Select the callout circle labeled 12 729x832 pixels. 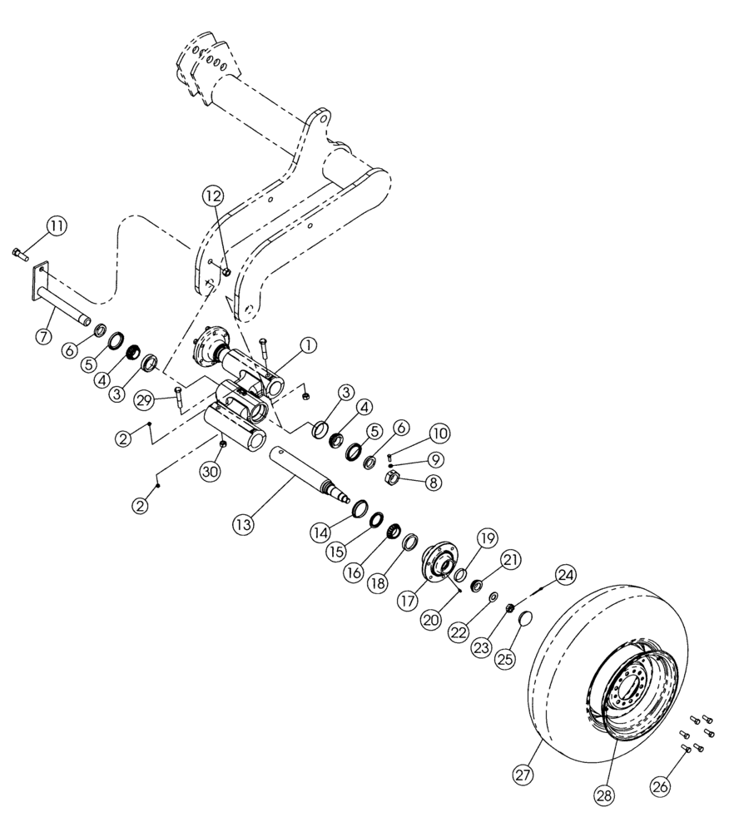[x=212, y=196]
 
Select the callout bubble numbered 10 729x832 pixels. [x=439, y=434]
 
